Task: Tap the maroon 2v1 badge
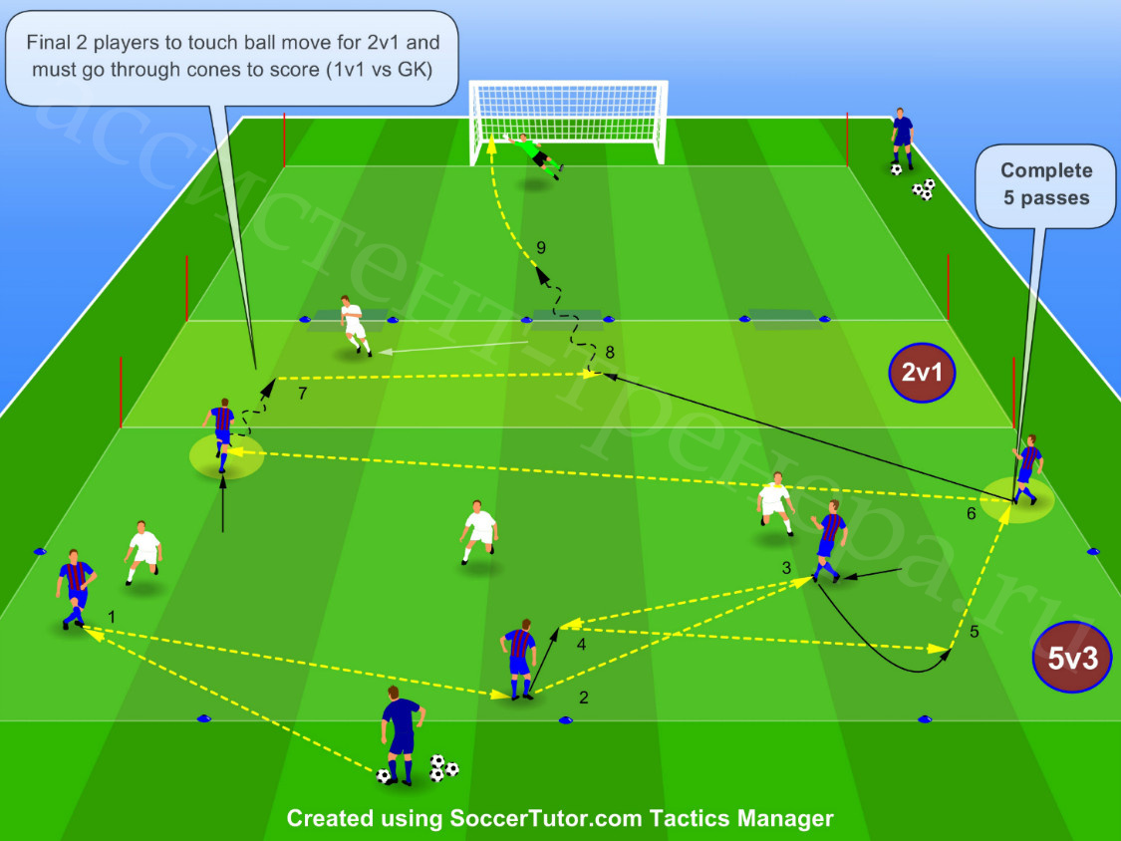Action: point(923,372)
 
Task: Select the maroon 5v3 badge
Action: point(1071,658)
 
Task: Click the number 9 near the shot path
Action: point(541,247)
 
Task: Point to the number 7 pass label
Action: point(302,394)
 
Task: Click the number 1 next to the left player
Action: point(111,616)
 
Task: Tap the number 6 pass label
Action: point(971,513)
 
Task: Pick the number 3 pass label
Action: point(786,568)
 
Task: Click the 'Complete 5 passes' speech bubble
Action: point(1046,186)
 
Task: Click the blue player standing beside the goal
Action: point(902,140)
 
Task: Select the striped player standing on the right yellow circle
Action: point(1026,469)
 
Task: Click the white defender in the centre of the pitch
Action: point(479,532)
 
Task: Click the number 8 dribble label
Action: point(610,352)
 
